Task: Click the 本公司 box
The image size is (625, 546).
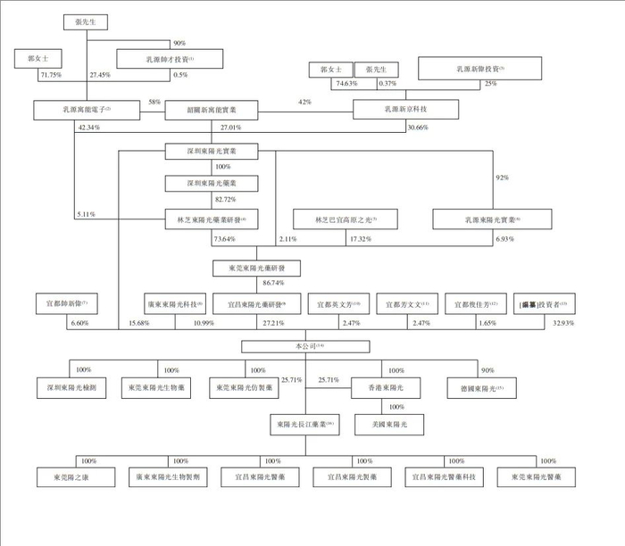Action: point(303,345)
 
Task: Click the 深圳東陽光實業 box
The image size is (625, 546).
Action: point(212,152)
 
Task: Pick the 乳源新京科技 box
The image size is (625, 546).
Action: point(405,109)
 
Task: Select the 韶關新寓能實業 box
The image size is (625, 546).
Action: point(212,109)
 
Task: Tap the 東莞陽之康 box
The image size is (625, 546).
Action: point(74,478)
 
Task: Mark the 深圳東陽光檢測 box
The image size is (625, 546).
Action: point(73,389)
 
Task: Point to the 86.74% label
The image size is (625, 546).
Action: point(273,283)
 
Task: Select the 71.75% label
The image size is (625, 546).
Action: point(50,75)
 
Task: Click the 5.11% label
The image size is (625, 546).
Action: point(87,216)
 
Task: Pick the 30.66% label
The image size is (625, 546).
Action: point(418,128)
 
